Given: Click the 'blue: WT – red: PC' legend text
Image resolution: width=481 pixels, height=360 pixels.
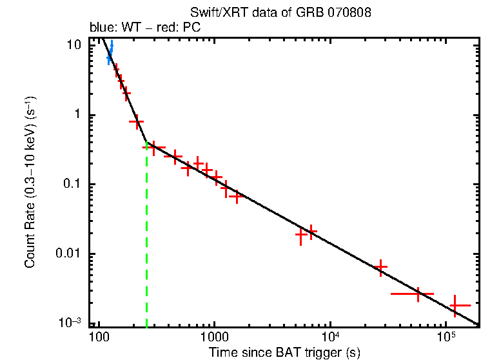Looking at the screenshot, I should pos(145,28).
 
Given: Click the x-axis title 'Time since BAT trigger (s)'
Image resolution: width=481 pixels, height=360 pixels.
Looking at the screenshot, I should pos(284,352).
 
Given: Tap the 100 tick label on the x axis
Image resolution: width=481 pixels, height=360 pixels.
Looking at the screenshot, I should pos(98,337).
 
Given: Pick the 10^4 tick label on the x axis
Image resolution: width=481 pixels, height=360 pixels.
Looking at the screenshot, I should pos(330,336).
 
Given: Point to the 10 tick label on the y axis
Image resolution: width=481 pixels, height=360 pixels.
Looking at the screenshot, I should pos(75,46).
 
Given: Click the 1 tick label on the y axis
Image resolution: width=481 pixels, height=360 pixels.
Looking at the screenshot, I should pos(79,115).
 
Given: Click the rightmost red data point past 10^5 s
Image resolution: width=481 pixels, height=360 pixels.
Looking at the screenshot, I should pos(460,305).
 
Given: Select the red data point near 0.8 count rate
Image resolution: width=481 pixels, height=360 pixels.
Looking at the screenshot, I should pos(136,121).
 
